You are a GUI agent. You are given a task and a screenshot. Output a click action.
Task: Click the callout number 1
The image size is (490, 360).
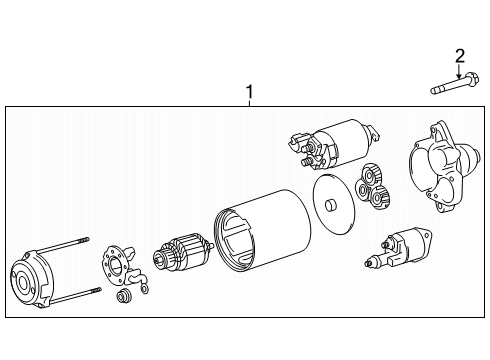coord(250,95)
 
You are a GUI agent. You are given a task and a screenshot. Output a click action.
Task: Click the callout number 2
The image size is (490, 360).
coord(460,54)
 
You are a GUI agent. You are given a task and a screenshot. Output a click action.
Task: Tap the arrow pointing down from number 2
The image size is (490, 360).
coord(460,70)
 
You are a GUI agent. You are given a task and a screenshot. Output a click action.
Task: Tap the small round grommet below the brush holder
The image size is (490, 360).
coord(124,297)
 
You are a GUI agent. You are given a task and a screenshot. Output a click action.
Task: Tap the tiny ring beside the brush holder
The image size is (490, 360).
coord(144,289)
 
